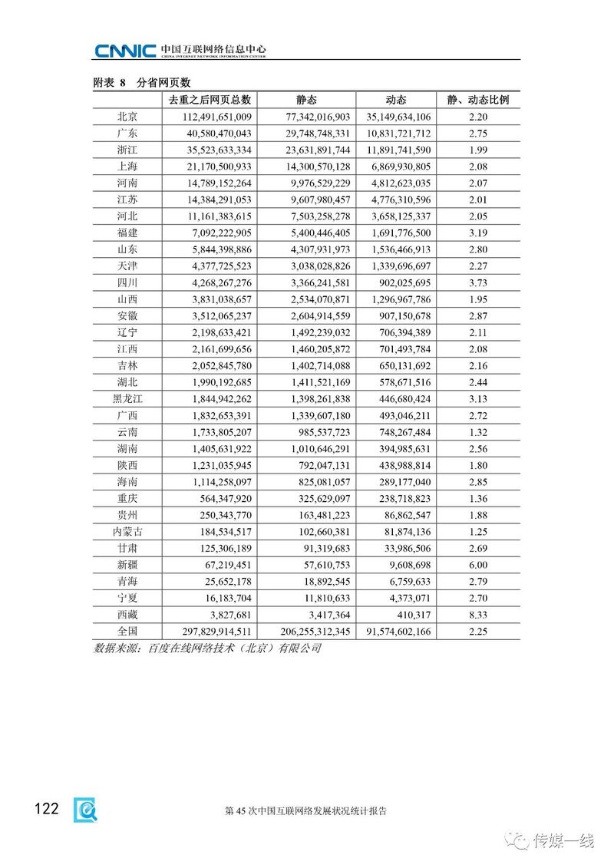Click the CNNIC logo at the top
[x=126, y=51]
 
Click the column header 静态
[x=306, y=100]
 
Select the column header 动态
[x=396, y=100]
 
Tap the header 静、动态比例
[x=477, y=100]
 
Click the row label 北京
[x=127, y=117]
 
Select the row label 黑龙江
[x=127, y=398]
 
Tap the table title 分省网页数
[x=163, y=82]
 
